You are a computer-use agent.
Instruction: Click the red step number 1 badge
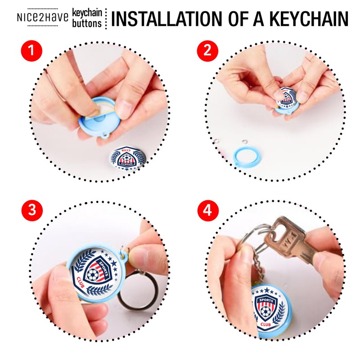[x=31, y=50]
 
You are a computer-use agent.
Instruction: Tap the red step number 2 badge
[x=207, y=50]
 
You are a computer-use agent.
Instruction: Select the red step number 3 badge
[x=32, y=210]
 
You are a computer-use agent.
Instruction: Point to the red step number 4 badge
[x=207, y=210]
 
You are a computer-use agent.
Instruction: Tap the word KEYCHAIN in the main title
[x=309, y=18]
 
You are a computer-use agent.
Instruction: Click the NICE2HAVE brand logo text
[x=43, y=18]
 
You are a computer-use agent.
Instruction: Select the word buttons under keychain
[x=87, y=23]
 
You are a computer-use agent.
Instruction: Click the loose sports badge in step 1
[x=127, y=158]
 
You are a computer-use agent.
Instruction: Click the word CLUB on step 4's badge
[x=265, y=324]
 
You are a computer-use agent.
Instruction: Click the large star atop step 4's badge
[x=266, y=290]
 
